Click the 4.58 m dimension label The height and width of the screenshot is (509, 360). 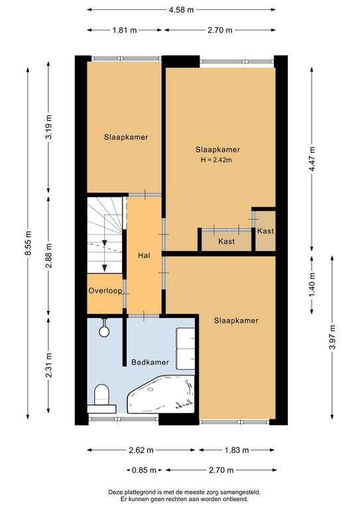(x=181, y=10)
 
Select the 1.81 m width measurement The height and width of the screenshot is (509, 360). (x=125, y=30)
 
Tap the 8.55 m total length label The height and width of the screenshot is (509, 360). (x=28, y=243)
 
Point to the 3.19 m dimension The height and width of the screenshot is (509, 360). (x=48, y=127)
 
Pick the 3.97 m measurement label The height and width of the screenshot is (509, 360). (x=332, y=337)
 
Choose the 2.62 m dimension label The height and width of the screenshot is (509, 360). (x=141, y=450)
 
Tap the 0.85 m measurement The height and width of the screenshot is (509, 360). (x=144, y=470)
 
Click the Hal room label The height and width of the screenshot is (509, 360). (x=144, y=255)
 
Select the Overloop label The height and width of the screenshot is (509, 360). (x=105, y=290)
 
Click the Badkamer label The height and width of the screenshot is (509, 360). (x=150, y=362)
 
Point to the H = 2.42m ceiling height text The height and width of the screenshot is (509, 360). (x=216, y=160)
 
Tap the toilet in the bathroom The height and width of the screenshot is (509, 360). (x=101, y=398)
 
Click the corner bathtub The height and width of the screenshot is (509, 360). (x=161, y=394)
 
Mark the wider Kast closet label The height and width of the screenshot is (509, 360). (x=226, y=241)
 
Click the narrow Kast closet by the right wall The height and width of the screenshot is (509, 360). (x=266, y=231)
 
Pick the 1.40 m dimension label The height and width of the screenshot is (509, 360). (x=312, y=285)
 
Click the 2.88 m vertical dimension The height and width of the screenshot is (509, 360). (x=48, y=255)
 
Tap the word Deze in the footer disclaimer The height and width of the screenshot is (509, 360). (x=115, y=492)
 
